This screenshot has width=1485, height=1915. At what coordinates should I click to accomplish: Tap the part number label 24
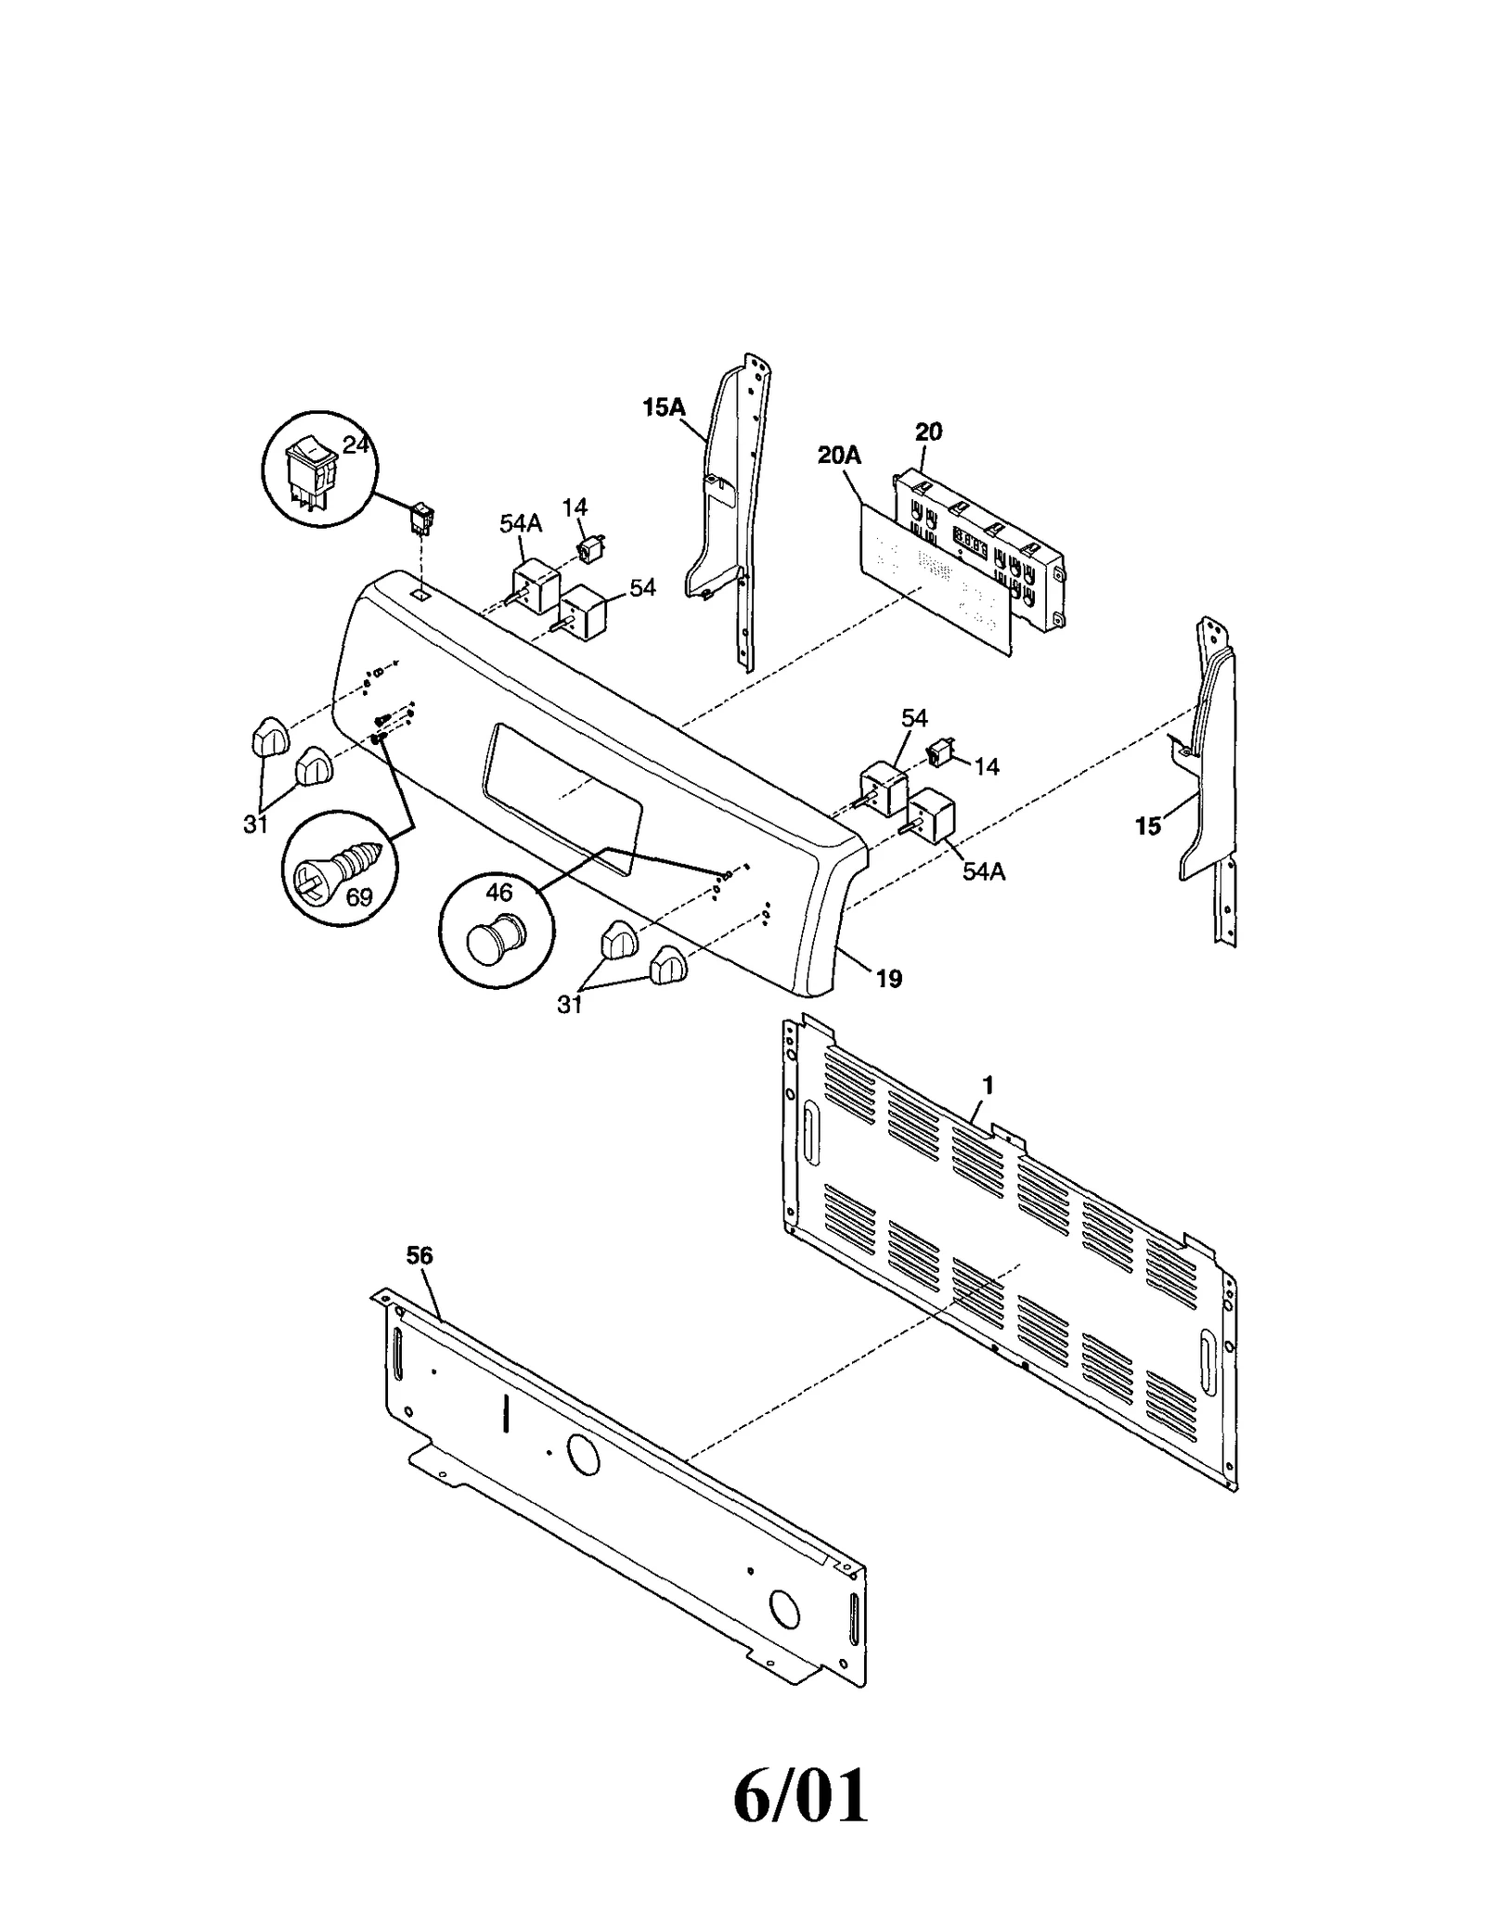[x=355, y=445]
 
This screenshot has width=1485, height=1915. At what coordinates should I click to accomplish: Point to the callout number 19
[x=888, y=978]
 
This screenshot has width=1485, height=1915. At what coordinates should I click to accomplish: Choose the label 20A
[x=838, y=455]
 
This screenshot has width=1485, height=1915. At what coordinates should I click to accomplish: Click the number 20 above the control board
[x=928, y=431]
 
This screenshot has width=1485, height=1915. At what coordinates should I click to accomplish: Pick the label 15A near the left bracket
[x=664, y=406]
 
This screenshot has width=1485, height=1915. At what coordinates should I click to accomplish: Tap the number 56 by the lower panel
[x=420, y=1255]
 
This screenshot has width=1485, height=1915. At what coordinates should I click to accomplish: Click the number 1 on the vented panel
[x=988, y=1085]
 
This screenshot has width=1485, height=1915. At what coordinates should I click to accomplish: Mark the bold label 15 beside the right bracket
[x=1148, y=826]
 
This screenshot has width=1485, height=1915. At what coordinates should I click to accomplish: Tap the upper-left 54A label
[x=521, y=524]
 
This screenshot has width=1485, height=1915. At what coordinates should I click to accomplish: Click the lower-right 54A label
[x=984, y=871]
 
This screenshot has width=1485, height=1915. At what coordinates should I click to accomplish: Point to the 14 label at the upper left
[x=575, y=507]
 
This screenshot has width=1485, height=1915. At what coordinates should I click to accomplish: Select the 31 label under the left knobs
[x=255, y=823]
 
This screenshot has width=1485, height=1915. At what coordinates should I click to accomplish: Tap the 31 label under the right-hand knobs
[x=569, y=1003]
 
